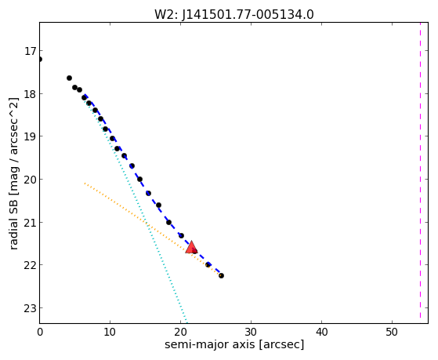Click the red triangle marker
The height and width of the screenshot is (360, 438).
[x=191, y=247]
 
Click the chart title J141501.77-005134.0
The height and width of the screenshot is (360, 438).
[x=248, y=15]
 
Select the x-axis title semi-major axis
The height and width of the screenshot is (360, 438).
[x=210, y=344]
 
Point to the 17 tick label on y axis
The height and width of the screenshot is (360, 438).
[x=30, y=51]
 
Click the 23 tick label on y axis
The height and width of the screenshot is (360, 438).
[x=30, y=308]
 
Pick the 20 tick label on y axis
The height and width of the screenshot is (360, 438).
[x=30, y=180]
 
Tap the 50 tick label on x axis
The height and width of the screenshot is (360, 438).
[x=392, y=332]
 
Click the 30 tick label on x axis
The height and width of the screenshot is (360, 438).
[x=251, y=332]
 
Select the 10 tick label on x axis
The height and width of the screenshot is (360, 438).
[x=110, y=332]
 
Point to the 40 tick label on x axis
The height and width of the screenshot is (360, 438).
[x=321, y=332]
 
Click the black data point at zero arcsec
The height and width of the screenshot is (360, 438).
[x=40, y=59]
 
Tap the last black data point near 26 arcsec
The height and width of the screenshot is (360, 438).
[x=221, y=275]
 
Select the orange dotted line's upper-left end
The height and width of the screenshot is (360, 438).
[x=85, y=184]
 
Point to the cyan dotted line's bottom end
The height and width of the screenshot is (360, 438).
[x=186, y=322]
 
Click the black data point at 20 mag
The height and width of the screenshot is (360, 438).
[x=140, y=179]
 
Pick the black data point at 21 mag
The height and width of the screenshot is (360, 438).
[x=168, y=223]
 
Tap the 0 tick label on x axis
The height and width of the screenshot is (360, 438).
[x=40, y=332]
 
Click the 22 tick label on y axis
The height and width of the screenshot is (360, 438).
[x=30, y=265]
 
